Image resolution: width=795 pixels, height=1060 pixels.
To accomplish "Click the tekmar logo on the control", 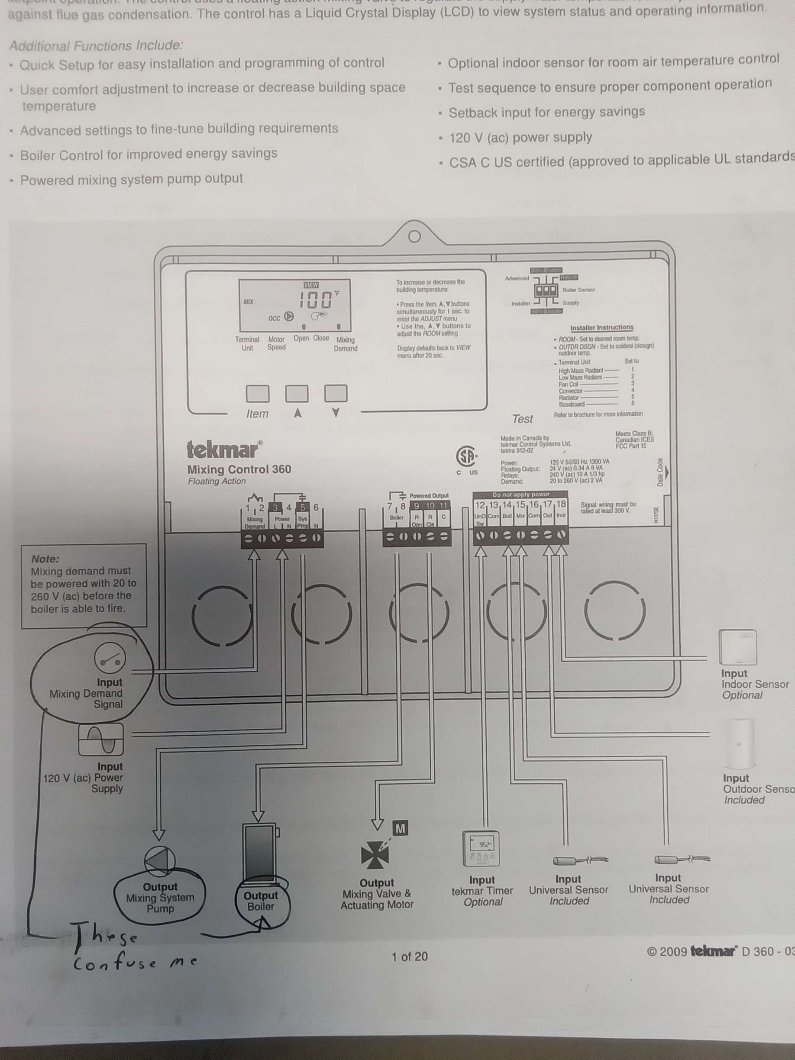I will (224, 449).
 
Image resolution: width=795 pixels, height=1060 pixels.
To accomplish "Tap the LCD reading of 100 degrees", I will (316, 301).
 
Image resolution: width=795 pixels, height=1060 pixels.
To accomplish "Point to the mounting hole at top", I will (414, 236).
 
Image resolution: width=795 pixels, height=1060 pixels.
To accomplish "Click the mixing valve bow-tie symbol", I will (375, 855).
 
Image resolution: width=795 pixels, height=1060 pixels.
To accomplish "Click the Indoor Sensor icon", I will (737, 647).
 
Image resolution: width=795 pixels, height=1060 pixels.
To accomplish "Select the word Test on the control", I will (522, 419).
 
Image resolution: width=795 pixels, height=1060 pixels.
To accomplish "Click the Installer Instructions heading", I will (601, 328).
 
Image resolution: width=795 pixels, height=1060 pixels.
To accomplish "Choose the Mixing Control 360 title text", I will (239, 469).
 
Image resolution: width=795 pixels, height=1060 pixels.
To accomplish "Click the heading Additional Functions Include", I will (96, 46).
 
